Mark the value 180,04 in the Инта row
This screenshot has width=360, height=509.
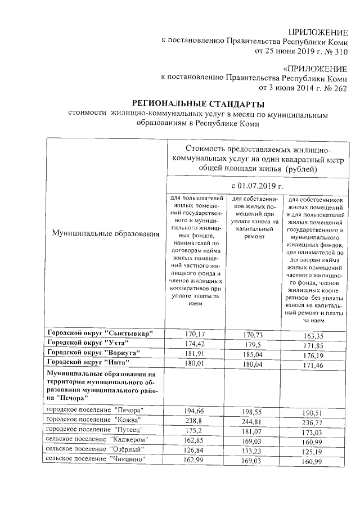[x=254, y=364]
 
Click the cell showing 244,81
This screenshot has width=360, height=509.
[x=254, y=421]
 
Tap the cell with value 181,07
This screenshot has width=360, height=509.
[x=254, y=431]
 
